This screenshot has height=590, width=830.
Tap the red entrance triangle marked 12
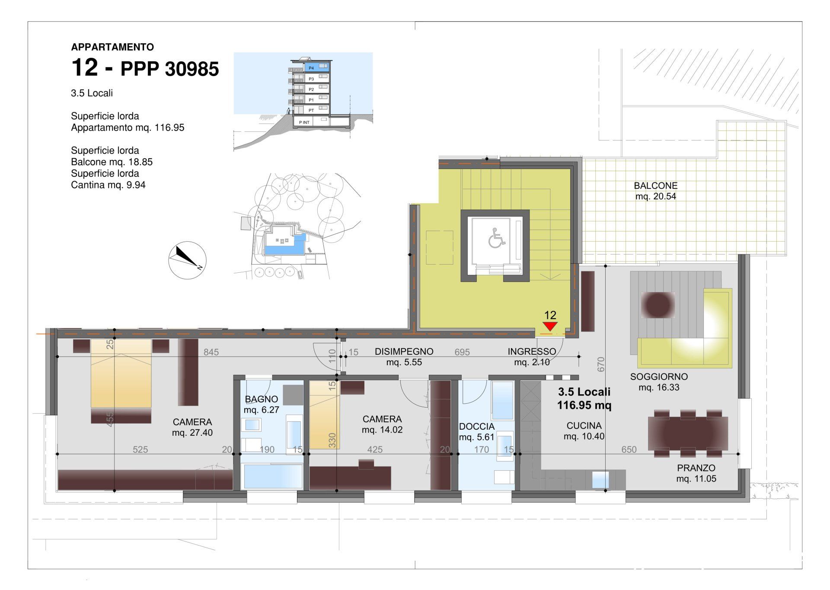(x=549, y=326)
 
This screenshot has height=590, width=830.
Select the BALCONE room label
(x=655, y=186)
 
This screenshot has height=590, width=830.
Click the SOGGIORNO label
(x=659, y=376)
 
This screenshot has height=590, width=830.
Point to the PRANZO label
(x=696, y=468)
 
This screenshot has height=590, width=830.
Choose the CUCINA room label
(x=584, y=426)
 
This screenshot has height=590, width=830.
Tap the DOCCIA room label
(x=476, y=427)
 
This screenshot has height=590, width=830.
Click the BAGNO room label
(x=262, y=399)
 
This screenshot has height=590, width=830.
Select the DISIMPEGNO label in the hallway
(x=404, y=351)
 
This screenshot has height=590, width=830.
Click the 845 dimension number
(x=211, y=352)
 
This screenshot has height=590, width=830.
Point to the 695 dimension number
(x=462, y=352)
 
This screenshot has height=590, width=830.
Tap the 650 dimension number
(x=629, y=450)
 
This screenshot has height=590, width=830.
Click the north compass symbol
(x=187, y=260)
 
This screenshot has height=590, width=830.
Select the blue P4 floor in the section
(x=316, y=67)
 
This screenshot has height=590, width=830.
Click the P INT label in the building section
(x=304, y=122)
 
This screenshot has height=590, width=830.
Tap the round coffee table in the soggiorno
(x=658, y=305)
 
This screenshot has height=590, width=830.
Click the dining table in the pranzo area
(x=688, y=433)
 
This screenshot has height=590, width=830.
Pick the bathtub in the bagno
(x=273, y=476)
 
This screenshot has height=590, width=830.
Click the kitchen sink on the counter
(x=600, y=480)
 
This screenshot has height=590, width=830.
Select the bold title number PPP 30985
(x=169, y=69)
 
